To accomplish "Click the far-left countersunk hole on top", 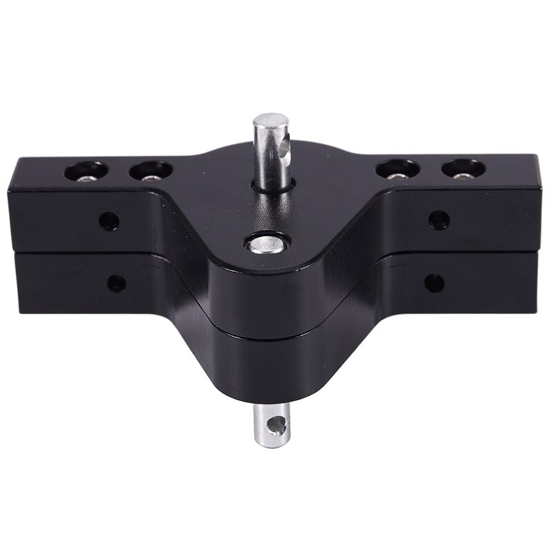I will click(86, 170).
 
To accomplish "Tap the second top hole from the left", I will click(152, 170).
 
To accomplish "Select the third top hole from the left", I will click(398, 169).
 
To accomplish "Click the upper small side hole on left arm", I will click(108, 221).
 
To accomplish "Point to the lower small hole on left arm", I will click(117, 283).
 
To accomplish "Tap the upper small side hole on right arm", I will click(439, 220).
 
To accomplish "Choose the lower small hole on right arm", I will click(434, 283).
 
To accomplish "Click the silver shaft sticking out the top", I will click(271, 152).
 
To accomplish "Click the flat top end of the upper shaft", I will click(270, 123).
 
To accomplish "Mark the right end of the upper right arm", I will click(537, 207).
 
